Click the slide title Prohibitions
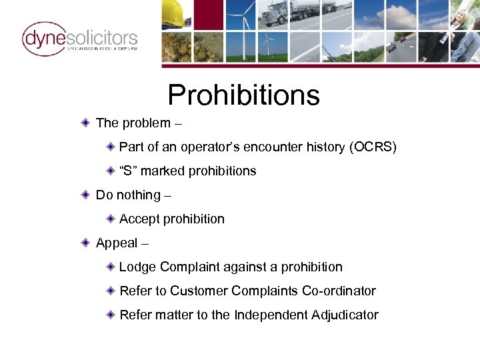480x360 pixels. point(243,95)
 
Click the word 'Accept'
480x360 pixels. point(139,219)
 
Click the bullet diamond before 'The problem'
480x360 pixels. point(86,123)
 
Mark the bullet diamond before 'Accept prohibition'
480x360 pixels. point(111,219)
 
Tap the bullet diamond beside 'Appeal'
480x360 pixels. point(86,243)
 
